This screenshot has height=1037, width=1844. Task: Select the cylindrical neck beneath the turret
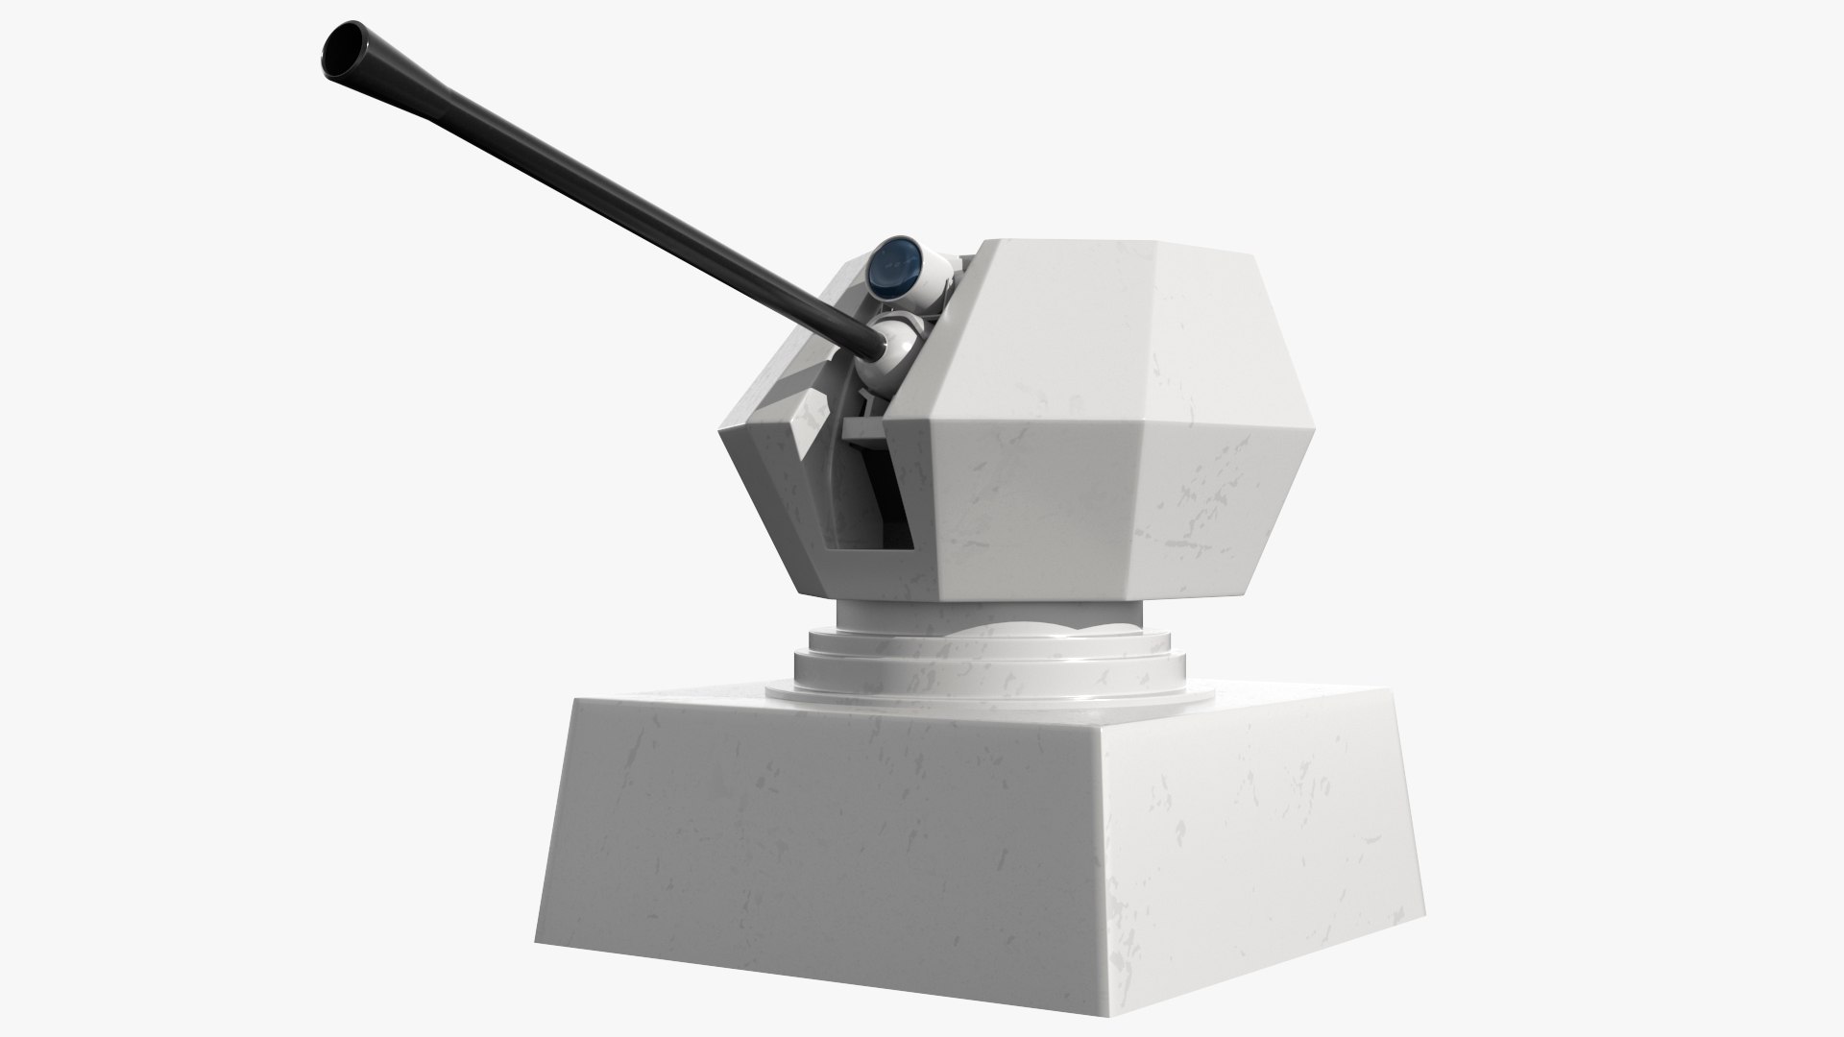click(989, 615)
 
